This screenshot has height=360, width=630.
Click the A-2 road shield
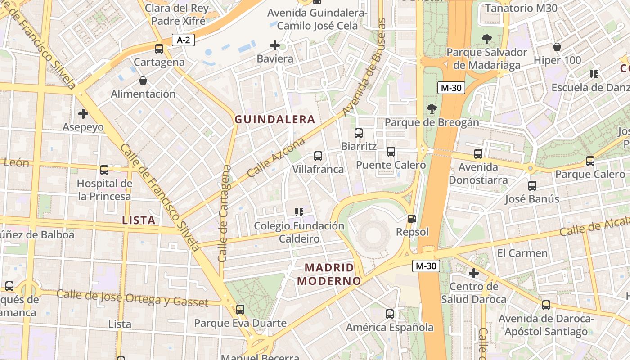point(183,40)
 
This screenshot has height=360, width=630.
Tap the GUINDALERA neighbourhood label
point(274,119)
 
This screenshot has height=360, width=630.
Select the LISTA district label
point(139,220)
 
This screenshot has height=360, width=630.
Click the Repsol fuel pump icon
point(412,219)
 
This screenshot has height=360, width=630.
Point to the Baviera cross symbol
point(275,45)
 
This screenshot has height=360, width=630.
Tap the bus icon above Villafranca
point(318,156)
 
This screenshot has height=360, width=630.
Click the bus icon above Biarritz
point(359,133)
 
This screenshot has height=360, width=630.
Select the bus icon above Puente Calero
point(391,152)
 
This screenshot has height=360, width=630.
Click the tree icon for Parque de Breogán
point(432,109)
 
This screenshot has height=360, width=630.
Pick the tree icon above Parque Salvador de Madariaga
point(486,39)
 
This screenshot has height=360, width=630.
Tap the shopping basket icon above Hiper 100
point(557,47)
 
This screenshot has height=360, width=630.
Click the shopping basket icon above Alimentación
point(143,81)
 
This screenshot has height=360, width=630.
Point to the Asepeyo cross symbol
point(83,114)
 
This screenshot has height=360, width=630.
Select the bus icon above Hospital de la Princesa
point(104,170)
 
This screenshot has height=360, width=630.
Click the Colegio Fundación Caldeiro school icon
point(299,212)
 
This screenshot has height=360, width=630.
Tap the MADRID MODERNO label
point(329,274)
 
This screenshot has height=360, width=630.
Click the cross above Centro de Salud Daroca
point(474,273)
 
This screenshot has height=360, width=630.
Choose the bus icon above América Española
point(390,314)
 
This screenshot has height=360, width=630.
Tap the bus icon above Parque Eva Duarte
point(240,310)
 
